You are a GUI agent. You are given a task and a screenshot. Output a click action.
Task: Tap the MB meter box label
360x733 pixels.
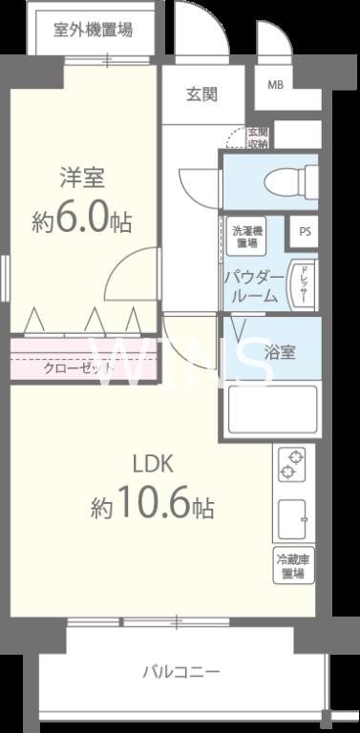(x=275, y=85)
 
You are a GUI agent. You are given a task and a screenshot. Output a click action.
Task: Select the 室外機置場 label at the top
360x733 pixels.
(x=94, y=29)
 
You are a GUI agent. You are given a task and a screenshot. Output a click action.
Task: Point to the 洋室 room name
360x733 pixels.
(x=82, y=178)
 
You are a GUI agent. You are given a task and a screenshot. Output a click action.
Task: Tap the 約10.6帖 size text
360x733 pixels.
(x=152, y=506)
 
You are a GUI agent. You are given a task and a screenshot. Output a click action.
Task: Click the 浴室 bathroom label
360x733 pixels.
(x=280, y=351)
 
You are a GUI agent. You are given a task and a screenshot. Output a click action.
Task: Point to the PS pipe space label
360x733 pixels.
(x=305, y=231)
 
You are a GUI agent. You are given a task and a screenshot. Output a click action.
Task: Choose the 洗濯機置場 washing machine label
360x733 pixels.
(x=246, y=237)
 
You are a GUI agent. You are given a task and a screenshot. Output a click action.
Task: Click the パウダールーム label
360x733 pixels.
(x=252, y=286)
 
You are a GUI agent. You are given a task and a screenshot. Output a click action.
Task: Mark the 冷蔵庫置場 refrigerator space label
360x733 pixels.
(x=291, y=567)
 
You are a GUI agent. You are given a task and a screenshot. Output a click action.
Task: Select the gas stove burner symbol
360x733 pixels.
(x=291, y=465)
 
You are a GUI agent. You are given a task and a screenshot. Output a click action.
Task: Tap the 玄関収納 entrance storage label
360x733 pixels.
(x=258, y=137)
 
